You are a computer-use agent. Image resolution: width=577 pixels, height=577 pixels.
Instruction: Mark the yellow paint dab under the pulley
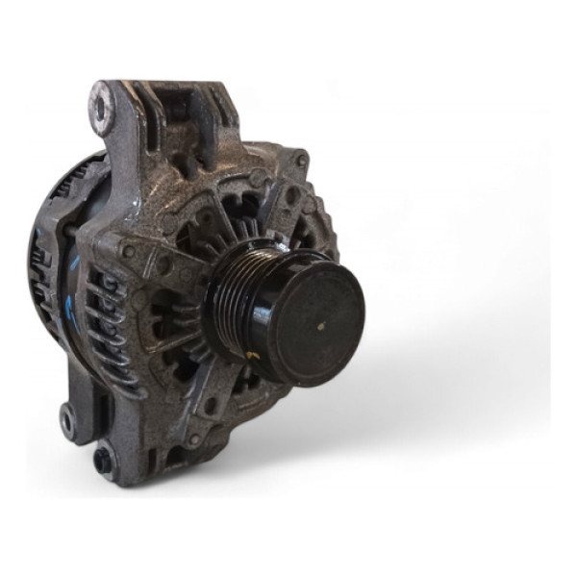[252, 358]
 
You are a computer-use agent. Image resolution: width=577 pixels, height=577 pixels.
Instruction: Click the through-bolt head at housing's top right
[301, 161]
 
